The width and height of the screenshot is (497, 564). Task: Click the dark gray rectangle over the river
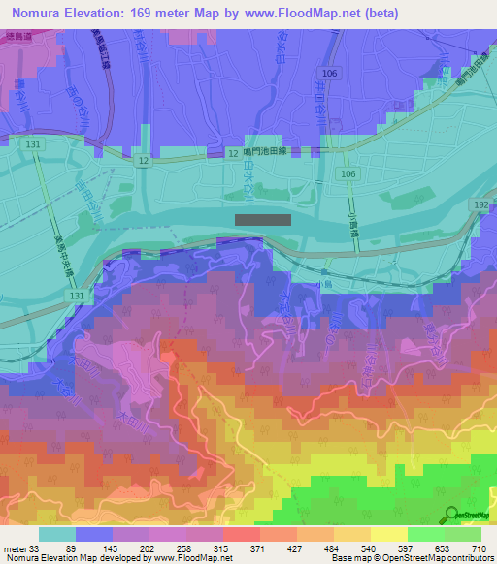pos(263,220)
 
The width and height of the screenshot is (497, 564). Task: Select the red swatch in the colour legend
pos(241,534)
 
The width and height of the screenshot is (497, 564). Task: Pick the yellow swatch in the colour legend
pos(389,534)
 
